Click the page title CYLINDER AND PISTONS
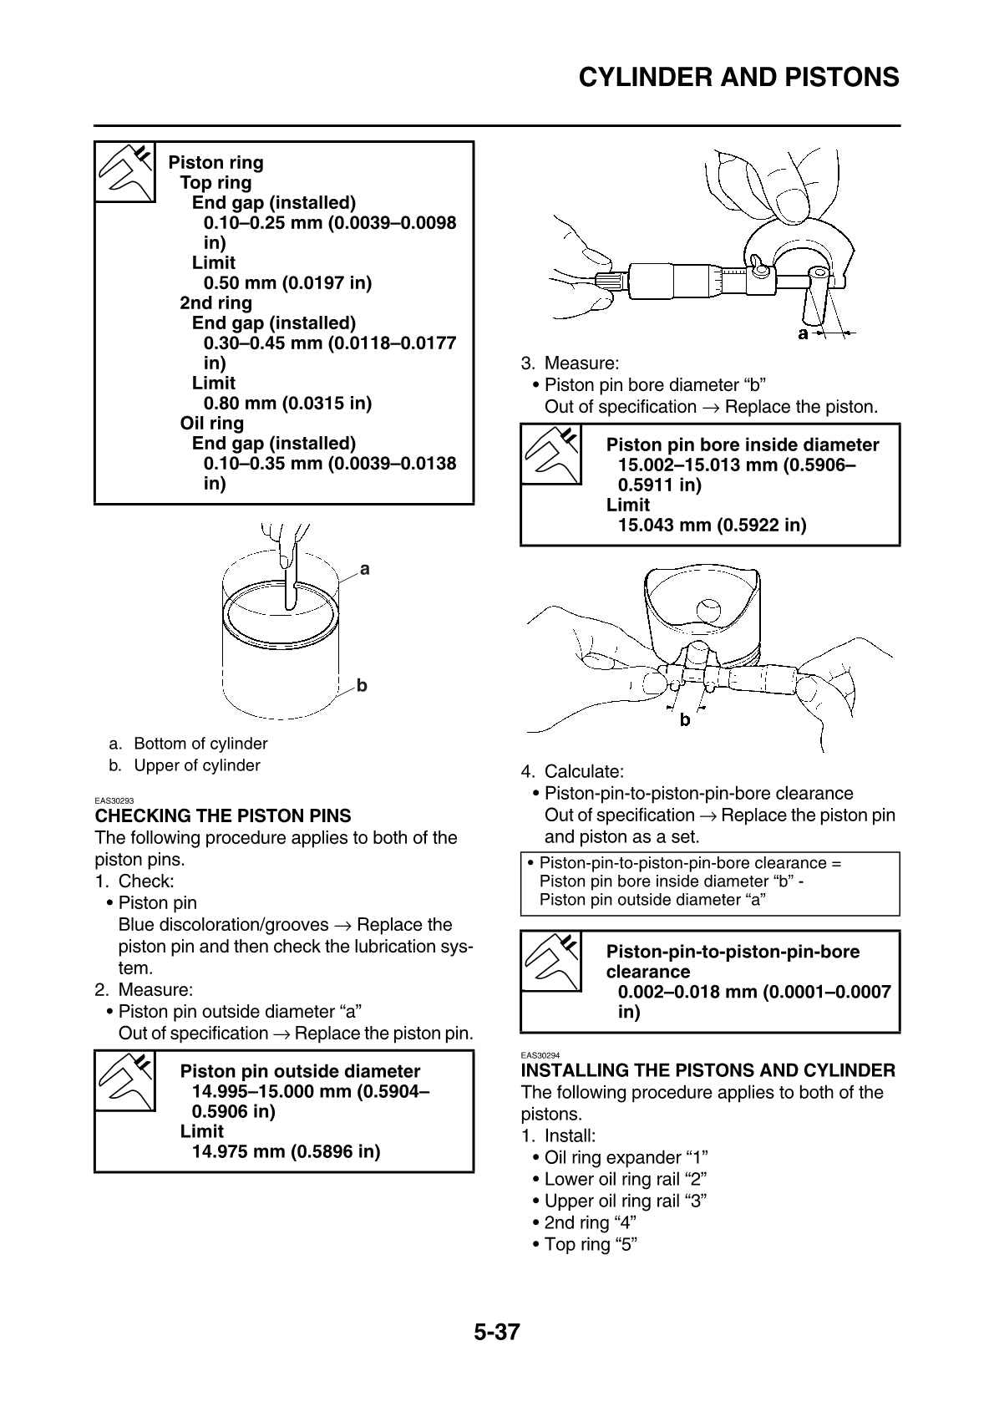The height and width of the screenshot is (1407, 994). (738, 78)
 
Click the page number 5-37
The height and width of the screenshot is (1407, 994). (497, 1332)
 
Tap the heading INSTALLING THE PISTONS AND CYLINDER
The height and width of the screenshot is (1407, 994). (707, 1070)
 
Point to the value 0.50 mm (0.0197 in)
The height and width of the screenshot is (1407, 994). (287, 282)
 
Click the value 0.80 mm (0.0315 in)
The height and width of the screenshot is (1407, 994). (287, 403)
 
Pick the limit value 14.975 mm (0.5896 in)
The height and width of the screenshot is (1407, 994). (286, 1151)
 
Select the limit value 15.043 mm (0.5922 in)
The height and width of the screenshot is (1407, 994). (712, 525)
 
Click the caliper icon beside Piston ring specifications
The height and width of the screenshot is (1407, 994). (125, 172)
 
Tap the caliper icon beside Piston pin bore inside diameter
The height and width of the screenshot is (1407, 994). (551, 455)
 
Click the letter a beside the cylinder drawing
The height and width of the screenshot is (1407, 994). (364, 569)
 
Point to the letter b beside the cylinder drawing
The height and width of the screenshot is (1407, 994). (362, 685)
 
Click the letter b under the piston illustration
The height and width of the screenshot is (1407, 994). (685, 719)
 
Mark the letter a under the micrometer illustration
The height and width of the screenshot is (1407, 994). (803, 334)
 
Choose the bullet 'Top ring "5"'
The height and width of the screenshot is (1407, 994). (591, 1244)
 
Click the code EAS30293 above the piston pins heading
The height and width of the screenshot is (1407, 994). (114, 800)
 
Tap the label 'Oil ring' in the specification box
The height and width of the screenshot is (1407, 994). (212, 423)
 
